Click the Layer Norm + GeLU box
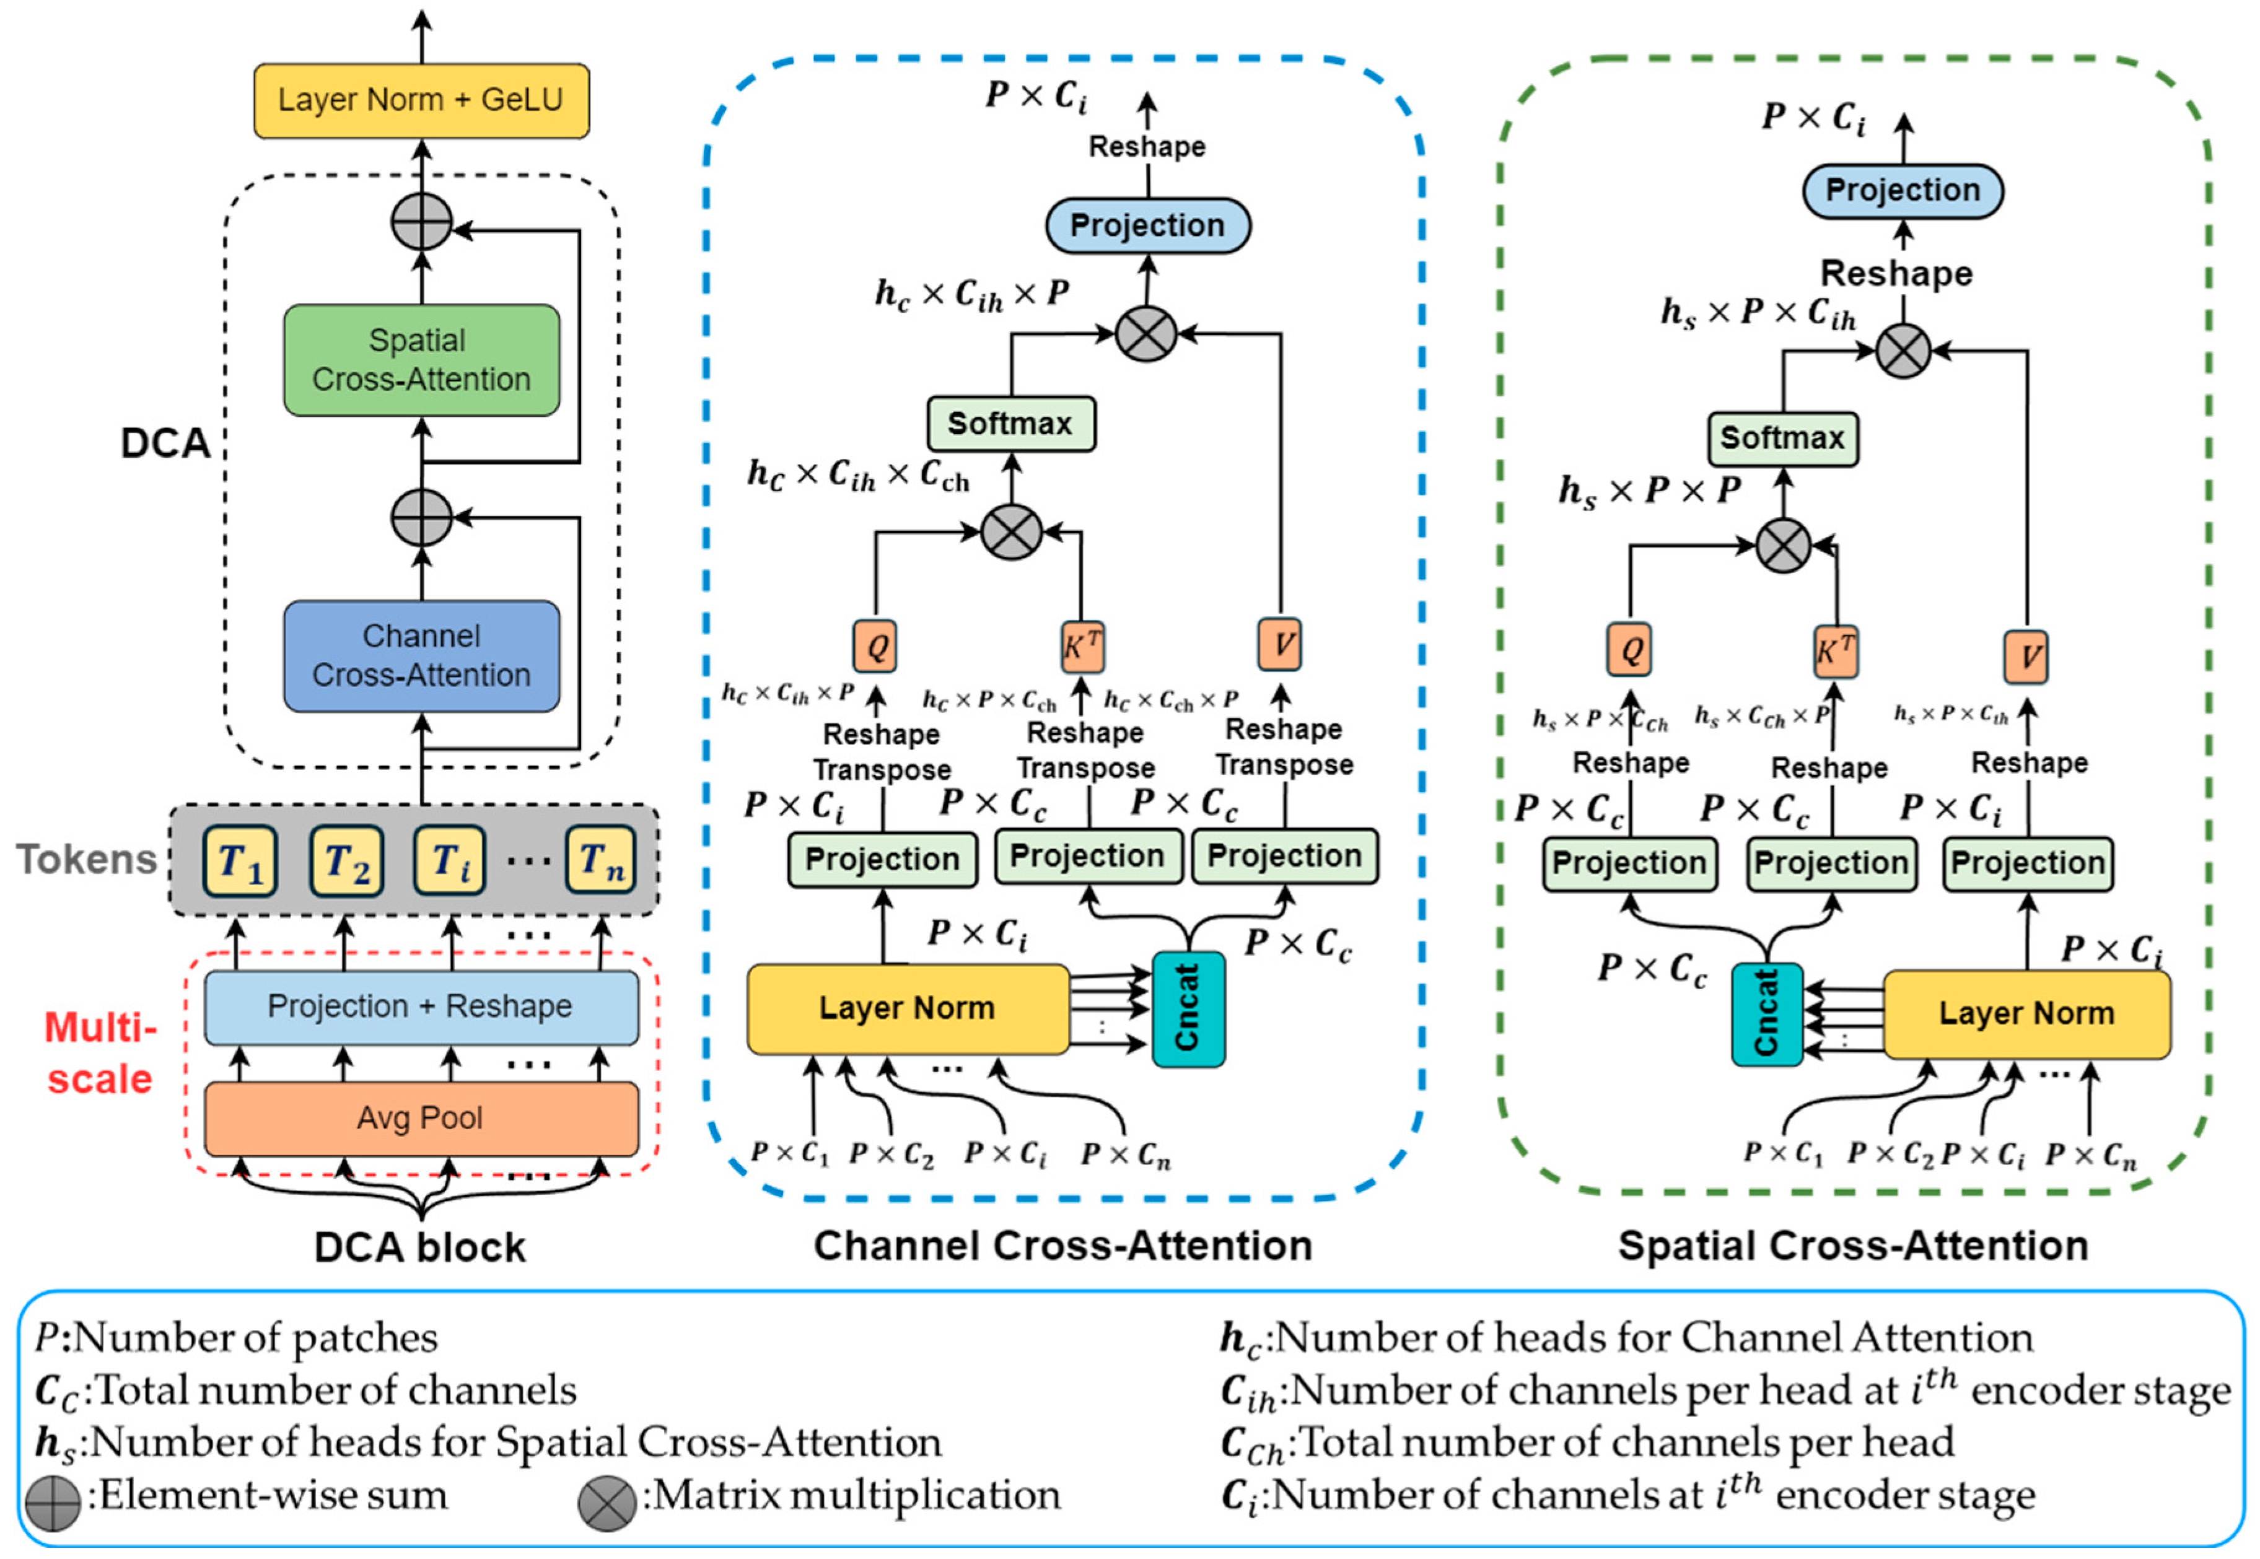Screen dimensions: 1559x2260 [421, 100]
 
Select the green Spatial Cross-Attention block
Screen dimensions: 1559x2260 [421, 359]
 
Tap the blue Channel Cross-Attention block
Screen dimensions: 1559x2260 [421, 655]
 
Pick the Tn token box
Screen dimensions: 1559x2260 [600, 860]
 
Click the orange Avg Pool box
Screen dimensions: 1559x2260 [421, 1117]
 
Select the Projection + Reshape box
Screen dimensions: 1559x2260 [421, 1006]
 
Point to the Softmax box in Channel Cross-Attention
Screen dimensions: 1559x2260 [1010, 424]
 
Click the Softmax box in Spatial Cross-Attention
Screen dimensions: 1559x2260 [1782, 439]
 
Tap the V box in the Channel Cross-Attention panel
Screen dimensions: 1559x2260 [1280, 645]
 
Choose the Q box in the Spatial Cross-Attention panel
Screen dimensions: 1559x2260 [1629, 650]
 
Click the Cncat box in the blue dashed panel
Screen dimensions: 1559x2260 [1188, 1008]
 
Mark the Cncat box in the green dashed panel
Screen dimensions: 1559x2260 [1767, 1014]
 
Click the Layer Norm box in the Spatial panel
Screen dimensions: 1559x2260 [2026, 1014]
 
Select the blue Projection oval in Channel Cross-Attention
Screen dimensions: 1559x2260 [1147, 225]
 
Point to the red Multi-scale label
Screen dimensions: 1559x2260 [100, 1053]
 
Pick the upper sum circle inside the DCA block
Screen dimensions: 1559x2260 [421, 222]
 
